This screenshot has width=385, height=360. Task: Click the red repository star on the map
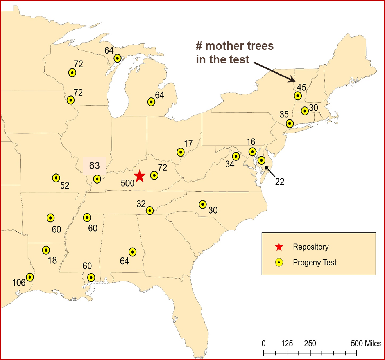pos(140,176)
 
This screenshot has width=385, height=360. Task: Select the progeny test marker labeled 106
pos(29,277)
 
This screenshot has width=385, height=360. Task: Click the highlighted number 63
pos(95,166)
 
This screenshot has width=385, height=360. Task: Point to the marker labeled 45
pos(298,95)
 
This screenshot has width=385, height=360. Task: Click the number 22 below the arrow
pos(279,181)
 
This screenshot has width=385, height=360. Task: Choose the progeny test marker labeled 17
pos(181,152)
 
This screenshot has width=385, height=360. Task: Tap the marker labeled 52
pos(56,178)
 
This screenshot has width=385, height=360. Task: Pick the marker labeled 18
pos(46,250)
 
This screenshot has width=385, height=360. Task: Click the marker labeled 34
pos(236,156)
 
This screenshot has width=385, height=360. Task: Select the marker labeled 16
pos(252,151)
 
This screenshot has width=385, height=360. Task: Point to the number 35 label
pos(284,114)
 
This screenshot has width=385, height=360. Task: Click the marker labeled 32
pos(149,211)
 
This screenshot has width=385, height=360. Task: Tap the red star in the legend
pos(278,247)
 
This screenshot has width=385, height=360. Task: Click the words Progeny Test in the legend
pos(315,263)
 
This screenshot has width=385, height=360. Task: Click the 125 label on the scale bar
pos(287,343)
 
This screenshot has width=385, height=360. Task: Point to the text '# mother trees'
pos(234,46)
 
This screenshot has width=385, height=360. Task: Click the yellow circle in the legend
pos(278,263)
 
